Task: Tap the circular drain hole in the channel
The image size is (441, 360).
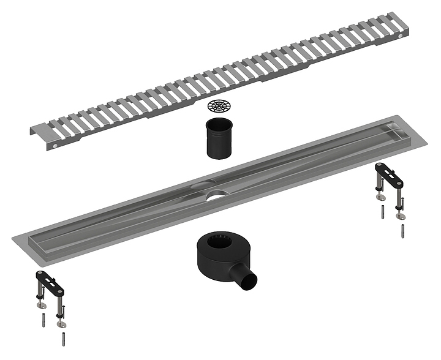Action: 216,196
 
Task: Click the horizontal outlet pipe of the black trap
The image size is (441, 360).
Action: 248,280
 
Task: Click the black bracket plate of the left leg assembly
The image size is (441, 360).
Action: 49,280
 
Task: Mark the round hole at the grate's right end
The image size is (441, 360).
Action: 401,39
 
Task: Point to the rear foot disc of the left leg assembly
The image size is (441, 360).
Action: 40,304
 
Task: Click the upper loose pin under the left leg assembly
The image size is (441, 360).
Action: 45,319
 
